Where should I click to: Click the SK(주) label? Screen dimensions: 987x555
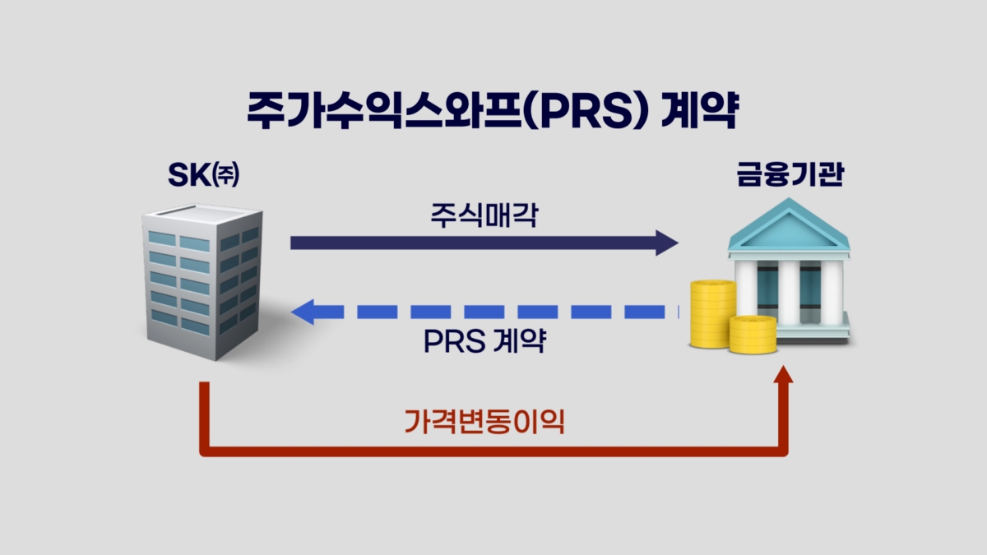coord(204,174)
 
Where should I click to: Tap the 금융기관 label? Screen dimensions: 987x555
coord(790,174)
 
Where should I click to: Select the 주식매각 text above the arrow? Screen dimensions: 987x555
coord(484,215)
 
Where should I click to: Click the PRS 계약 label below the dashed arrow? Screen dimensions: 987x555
coord(484,340)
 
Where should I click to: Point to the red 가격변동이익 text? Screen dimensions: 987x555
coord(484,422)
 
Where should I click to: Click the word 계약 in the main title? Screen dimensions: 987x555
coord(700,109)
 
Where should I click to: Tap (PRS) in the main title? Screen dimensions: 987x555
coord(587,110)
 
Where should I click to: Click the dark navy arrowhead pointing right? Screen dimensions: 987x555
coord(667,243)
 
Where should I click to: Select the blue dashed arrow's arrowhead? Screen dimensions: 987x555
coord(303,312)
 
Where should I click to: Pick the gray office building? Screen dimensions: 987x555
coord(202,282)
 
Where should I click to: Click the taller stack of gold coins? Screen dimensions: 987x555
coord(712,313)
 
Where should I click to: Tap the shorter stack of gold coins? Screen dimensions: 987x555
coord(753,335)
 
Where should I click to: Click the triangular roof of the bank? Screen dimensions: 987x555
coord(789,224)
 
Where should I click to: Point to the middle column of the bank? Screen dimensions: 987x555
coord(789,293)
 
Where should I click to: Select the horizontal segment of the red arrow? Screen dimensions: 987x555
coord(493,451)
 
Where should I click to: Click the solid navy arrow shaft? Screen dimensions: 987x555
coord(473,243)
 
